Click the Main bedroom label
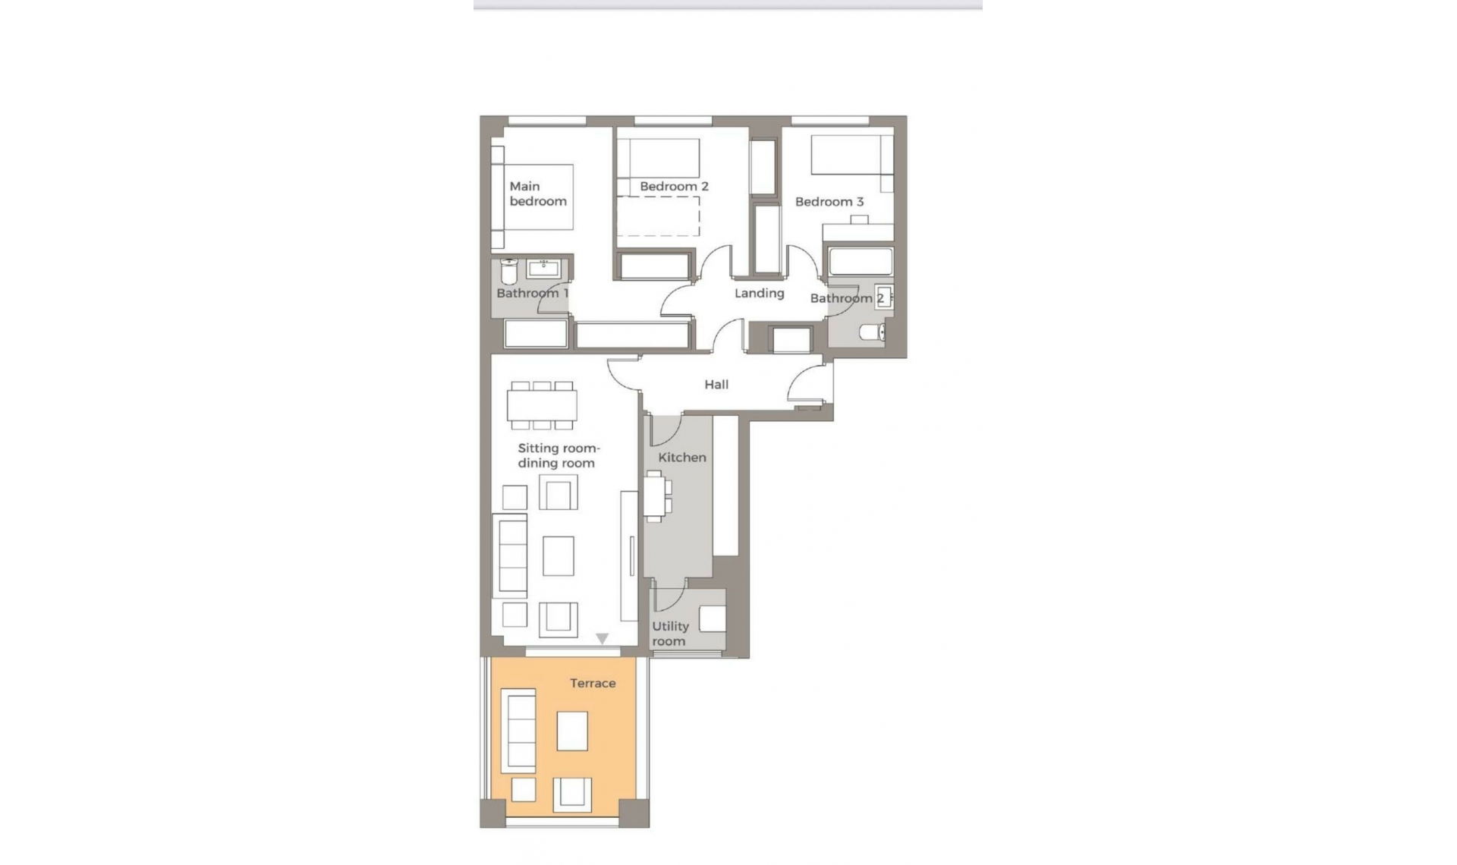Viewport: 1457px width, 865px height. click(538, 193)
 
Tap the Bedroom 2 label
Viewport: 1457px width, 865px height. click(674, 186)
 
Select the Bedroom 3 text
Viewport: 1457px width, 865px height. click(829, 202)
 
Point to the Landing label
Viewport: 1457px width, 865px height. click(759, 293)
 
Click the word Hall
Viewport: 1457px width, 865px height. click(716, 385)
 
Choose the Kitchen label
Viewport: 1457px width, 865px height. click(682, 458)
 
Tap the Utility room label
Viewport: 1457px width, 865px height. click(670, 634)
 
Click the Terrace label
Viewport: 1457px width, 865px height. click(593, 684)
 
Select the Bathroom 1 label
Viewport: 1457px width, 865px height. click(532, 293)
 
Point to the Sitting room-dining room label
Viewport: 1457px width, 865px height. click(558, 456)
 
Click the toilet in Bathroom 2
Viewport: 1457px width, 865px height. click(873, 332)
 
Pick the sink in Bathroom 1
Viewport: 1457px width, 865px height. click(543, 268)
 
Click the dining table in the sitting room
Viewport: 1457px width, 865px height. click(542, 405)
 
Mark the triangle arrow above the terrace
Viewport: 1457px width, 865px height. click(602, 639)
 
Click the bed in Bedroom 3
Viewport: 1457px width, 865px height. click(851, 156)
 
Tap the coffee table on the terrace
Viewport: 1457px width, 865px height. click(572, 731)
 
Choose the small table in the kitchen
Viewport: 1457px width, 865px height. click(654, 497)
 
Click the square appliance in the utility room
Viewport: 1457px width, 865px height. click(713, 618)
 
